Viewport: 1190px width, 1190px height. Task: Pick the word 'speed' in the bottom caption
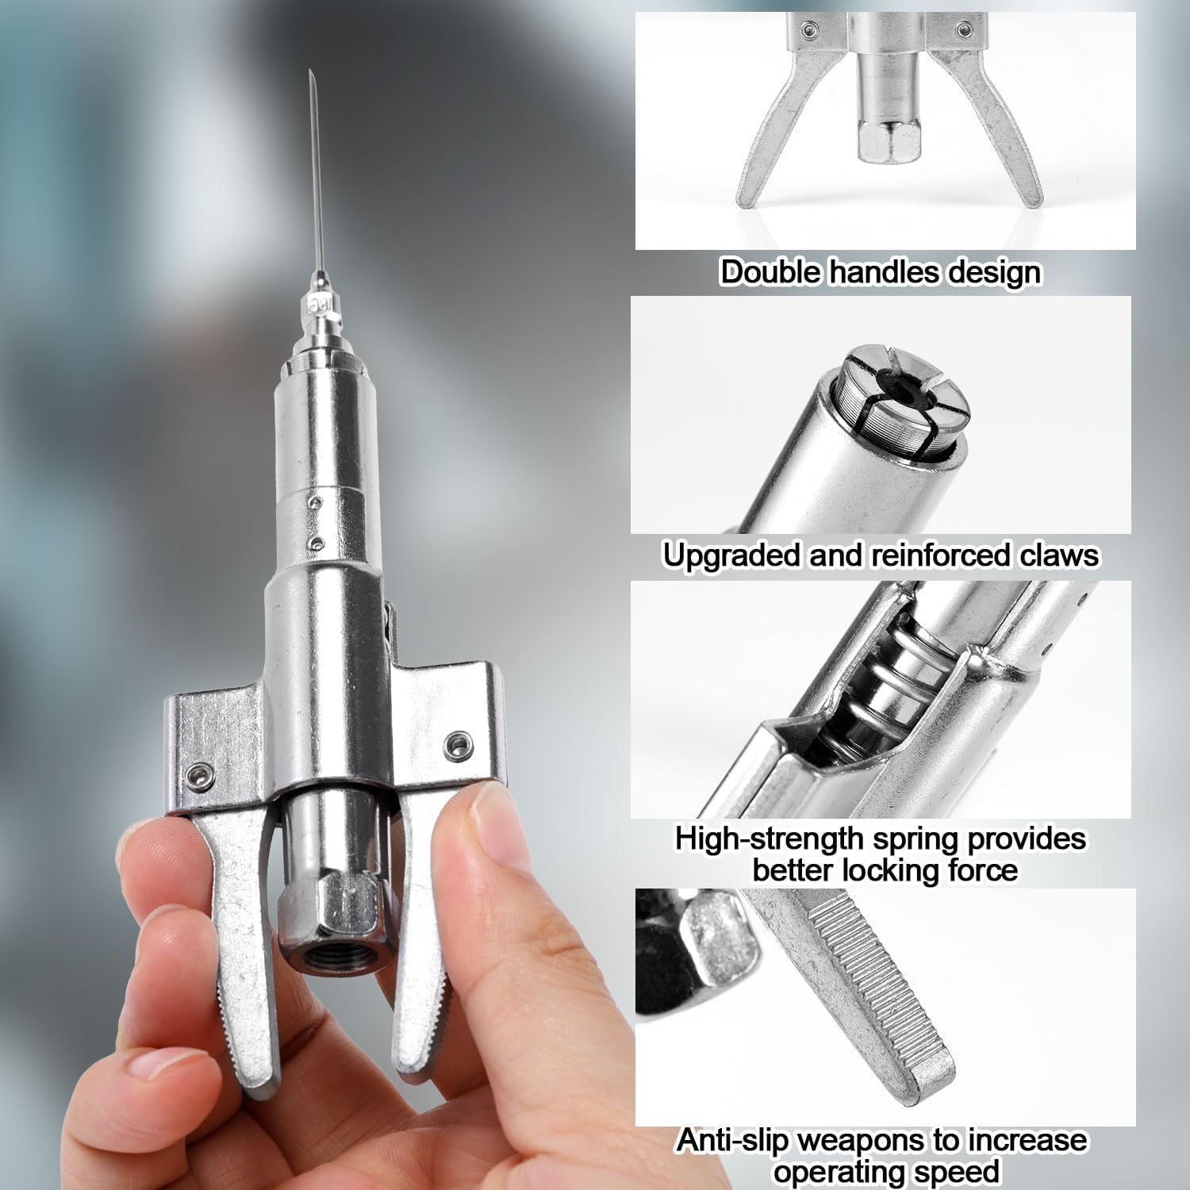coord(962,1172)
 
